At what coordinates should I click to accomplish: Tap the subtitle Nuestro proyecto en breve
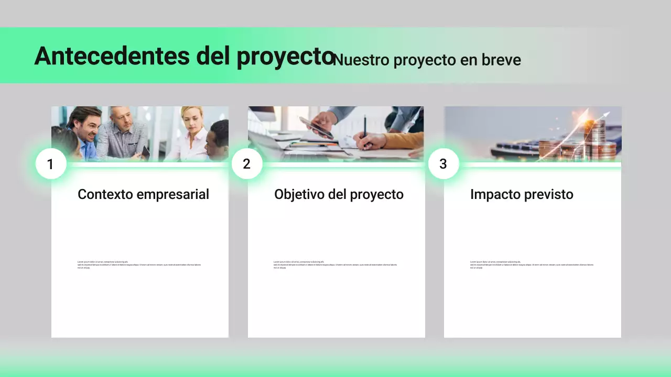(x=427, y=60)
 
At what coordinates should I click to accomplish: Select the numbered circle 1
(x=51, y=164)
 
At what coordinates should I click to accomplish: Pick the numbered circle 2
(x=247, y=164)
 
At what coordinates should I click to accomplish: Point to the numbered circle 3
(x=443, y=164)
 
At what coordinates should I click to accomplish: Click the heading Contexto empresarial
(x=143, y=194)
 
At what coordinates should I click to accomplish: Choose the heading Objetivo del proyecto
(x=339, y=194)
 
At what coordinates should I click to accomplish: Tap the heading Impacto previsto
(x=522, y=194)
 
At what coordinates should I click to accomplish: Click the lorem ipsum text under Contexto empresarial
(x=139, y=265)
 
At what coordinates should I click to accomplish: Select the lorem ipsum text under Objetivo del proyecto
(x=335, y=265)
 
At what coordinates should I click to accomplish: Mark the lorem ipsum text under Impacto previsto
(x=532, y=265)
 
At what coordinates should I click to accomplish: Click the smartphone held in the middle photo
(x=317, y=127)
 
